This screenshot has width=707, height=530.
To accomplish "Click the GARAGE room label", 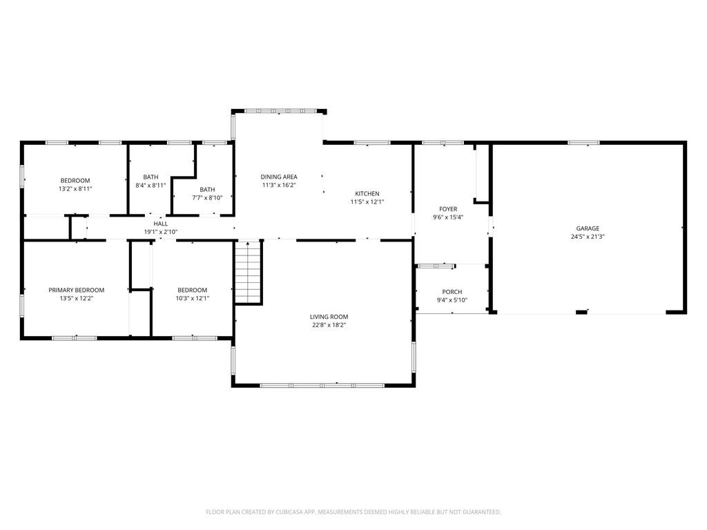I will click(x=588, y=228).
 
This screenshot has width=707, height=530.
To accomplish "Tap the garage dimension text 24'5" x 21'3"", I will click(x=588, y=237).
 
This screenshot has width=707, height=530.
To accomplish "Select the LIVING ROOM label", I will click(x=329, y=317).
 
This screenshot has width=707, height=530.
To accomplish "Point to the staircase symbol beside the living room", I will click(x=248, y=273).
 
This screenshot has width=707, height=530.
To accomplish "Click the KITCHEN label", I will click(x=367, y=194).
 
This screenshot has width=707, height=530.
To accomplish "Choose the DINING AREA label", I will click(x=279, y=177).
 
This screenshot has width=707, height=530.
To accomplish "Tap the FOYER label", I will click(x=448, y=209).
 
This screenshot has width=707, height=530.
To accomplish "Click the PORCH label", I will click(x=452, y=292).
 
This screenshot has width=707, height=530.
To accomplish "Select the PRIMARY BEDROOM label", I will click(x=76, y=290).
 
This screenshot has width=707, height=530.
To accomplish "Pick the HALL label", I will click(x=160, y=224).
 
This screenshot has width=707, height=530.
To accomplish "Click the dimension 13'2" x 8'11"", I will click(x=75, y=188).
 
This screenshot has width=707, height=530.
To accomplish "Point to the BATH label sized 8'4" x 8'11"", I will click(x=151, y=177).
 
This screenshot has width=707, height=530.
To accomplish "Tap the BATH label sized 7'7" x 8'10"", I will click(x=207, y=190).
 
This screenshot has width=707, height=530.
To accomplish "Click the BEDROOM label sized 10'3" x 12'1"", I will click(x=192, y=290).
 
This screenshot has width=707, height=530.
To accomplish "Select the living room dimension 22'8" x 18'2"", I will click(x=329, y=325).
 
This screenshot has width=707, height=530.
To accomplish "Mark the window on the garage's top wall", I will click(x=583, y=143).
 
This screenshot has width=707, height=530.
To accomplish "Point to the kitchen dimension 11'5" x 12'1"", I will click(x=367, y=202).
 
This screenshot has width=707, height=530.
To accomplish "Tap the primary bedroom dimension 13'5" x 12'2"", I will click(x=76, y=298).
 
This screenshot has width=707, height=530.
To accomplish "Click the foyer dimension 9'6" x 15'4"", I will click(x=448, y=217).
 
